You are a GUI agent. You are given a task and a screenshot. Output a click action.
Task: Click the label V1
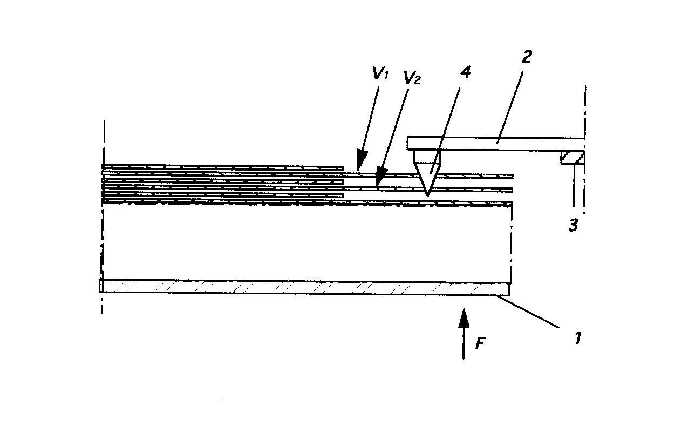pos(380,73)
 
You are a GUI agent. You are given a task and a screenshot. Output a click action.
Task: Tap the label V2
pos(412,78)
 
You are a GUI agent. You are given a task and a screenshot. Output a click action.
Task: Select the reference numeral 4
pos(465,72)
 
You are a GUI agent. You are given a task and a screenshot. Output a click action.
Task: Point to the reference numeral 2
pos(527,57)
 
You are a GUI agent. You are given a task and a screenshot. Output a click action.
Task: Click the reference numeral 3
pos(573,225)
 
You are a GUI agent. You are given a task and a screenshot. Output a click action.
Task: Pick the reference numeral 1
pos(578,338)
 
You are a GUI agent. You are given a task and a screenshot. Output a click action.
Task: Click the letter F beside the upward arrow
pos(480,344)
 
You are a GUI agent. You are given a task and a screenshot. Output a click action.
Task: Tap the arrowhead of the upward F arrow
pos(464,317)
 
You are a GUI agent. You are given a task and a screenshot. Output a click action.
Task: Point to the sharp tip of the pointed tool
pos(427,196)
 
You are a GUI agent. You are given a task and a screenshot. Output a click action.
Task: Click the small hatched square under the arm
pos(573,157)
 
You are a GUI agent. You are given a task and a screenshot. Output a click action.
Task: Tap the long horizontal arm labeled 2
pos(496,144)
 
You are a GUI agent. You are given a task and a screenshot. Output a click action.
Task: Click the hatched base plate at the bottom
pos(304,287)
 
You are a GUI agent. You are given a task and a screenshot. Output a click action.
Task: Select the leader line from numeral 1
pos(528,312)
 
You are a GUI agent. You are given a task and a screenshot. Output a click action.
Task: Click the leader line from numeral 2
pos(509,107)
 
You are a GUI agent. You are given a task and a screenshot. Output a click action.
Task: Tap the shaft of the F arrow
pos(464,343)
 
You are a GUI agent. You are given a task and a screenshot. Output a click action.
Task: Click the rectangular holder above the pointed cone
pos(427,157)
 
